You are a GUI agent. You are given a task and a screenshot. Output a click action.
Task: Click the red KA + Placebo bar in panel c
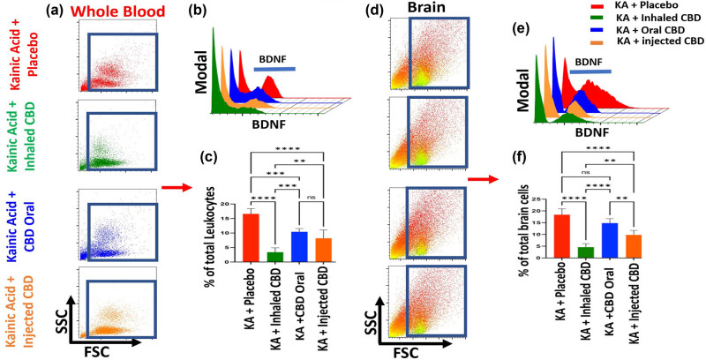pyautogui.click(x=252, y=238)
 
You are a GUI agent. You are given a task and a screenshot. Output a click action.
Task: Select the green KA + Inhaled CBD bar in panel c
pyautogui.click(x=275, y=257)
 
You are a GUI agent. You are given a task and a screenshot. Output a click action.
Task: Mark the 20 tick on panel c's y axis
pyautogui.click(x=236, y=204)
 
